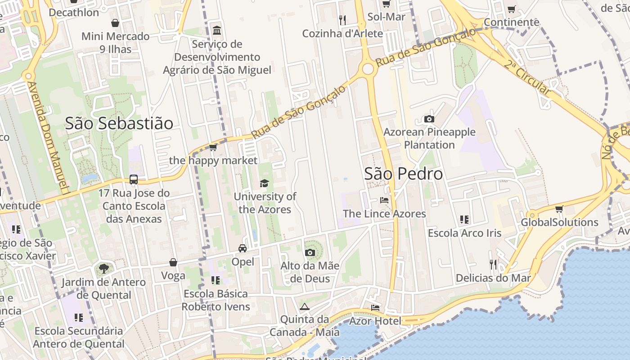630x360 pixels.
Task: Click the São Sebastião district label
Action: coord(119,123)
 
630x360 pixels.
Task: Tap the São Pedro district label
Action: coord(403,174)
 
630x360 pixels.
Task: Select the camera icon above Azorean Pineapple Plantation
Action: coord(429,119)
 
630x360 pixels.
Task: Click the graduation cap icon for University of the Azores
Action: coord(264,183)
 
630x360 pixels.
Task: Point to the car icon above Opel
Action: coord(243,248)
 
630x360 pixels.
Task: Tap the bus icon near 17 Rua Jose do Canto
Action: coord(134,180)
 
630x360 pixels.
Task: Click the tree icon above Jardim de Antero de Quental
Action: coord(103,269)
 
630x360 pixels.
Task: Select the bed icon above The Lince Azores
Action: coord(384,200)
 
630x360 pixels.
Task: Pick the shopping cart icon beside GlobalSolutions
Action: coord(559,209)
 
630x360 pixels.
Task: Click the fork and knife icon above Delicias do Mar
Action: coord(493,265)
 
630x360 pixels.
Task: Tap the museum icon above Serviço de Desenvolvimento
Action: coord(217,31)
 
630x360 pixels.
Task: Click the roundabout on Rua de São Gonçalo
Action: coord(368,69)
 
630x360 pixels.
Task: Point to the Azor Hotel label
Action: coord(375,321)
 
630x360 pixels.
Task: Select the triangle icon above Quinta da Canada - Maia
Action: coord(305,307)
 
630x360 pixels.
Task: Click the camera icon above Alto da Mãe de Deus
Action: coord(310,252)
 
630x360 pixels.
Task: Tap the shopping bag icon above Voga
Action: coord(173,262)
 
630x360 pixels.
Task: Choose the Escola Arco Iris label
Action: coord(464,233)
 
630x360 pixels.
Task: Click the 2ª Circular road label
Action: coord(527,77)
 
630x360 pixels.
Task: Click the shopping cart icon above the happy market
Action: coord(213,147)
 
